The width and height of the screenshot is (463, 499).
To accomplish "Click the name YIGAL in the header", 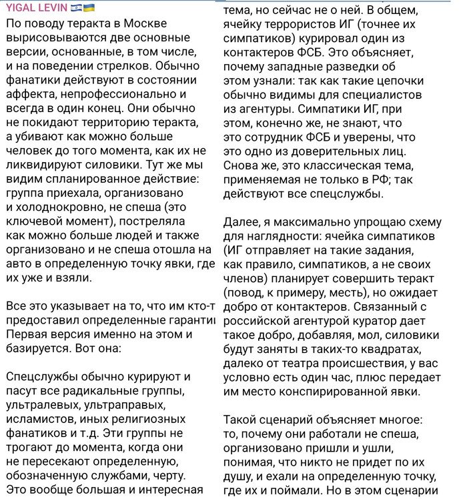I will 20,7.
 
